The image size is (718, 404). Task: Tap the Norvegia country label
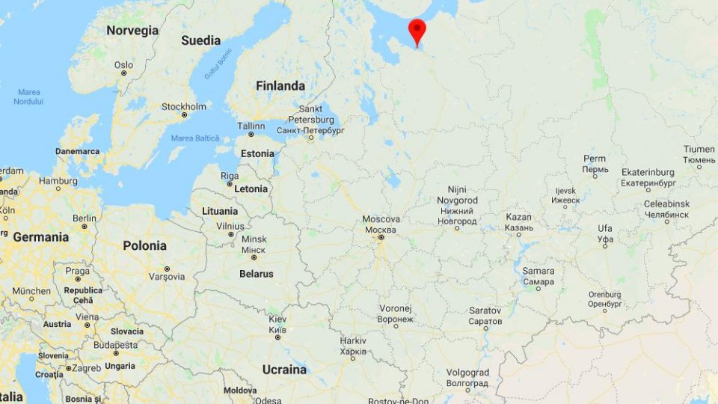point(132,31)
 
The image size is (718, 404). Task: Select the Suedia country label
point(200,40)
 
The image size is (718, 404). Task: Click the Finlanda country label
point(280,86)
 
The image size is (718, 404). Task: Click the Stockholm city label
point(184,107)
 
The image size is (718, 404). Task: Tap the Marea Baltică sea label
point(195,138)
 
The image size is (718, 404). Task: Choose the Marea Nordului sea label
point(28,97)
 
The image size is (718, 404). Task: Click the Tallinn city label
point(251,126)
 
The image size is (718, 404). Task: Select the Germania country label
point(40,237)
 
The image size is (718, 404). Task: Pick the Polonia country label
point(144,245)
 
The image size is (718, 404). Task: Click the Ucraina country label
point(284,370)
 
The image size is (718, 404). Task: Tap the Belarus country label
point(256,274)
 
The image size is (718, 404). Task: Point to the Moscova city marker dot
point(381,237)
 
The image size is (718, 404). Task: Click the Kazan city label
point(518,217)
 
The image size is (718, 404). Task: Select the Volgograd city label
point(467,373)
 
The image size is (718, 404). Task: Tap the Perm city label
point(595,159)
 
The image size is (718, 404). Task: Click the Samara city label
point(538,271)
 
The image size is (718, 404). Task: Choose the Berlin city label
point(85,218)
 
